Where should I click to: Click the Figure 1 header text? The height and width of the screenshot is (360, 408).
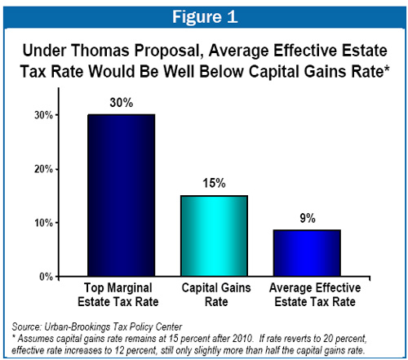tap(205, 17)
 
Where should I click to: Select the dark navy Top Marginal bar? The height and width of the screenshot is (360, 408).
tap(122, 195)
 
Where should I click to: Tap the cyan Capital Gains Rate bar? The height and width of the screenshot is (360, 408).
tap(215, 236)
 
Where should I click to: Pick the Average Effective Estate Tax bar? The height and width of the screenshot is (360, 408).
tap(307, 253)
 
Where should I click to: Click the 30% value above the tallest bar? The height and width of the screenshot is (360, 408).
tap(122, 103)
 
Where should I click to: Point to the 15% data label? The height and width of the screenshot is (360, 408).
tap(214, 183)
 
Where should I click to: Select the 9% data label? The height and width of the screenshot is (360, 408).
tap(308, 218)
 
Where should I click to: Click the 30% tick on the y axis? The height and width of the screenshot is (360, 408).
tap(43, 115)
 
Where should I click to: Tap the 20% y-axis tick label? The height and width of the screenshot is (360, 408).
tap(43, 169)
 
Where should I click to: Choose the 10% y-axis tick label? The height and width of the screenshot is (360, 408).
tap(43, 223)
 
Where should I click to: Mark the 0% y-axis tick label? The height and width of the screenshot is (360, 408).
tap(46, 277)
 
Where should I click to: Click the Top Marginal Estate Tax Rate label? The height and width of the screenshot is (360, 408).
tap(118, 295)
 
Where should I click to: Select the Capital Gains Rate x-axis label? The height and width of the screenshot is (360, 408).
tap(216, 295)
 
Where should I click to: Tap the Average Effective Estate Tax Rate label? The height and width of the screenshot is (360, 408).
tap(315, 295)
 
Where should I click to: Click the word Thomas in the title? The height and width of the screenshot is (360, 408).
tap(100, 51)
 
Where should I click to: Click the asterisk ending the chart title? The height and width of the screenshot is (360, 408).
tap(386, 69)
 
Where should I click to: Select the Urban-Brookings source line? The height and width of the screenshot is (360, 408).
tap(97, 327)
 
